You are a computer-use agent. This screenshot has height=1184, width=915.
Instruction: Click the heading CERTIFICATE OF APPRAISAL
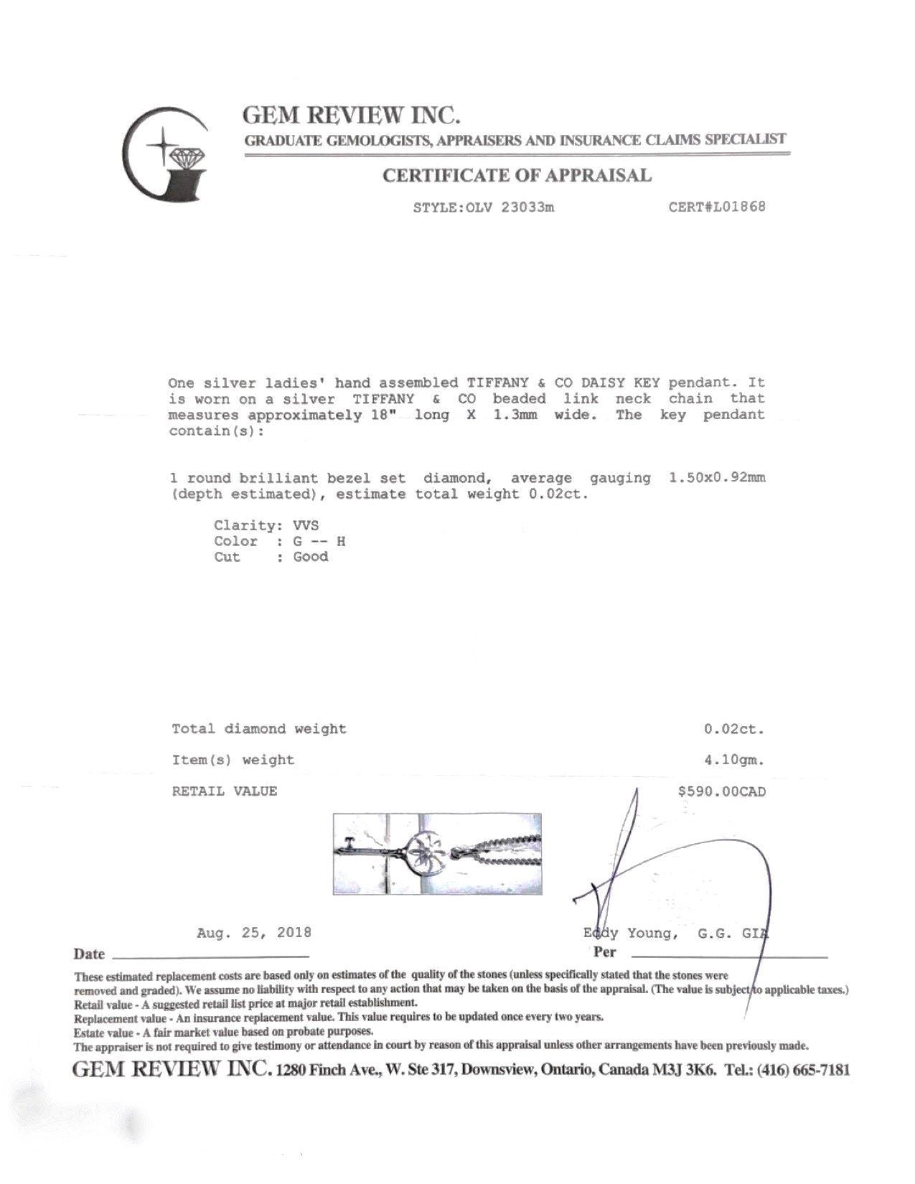click(517, 176)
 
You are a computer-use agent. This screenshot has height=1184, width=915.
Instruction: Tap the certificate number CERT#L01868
click(717, 207)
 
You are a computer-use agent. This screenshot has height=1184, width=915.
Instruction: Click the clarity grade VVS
click(306, 526)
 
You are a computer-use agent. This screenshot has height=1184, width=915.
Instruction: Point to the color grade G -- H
click(319, 542)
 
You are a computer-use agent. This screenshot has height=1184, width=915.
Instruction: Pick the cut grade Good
click(310, 558)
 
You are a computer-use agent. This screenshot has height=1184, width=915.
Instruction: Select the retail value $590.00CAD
click(721, 791)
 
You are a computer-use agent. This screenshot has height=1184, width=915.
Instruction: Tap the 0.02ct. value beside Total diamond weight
click(733, 729)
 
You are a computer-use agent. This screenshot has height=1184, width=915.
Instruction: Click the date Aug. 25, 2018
click(254, 933)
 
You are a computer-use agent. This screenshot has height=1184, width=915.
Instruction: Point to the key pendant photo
click(437, 854)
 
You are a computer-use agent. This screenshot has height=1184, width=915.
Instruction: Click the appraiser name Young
click(651, 934)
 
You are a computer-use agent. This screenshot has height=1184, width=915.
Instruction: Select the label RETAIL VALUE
click(224, 791)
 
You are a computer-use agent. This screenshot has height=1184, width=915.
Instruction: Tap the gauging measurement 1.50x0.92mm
click(716, 478)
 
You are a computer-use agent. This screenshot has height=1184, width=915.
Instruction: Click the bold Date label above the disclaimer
click(88, 954)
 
